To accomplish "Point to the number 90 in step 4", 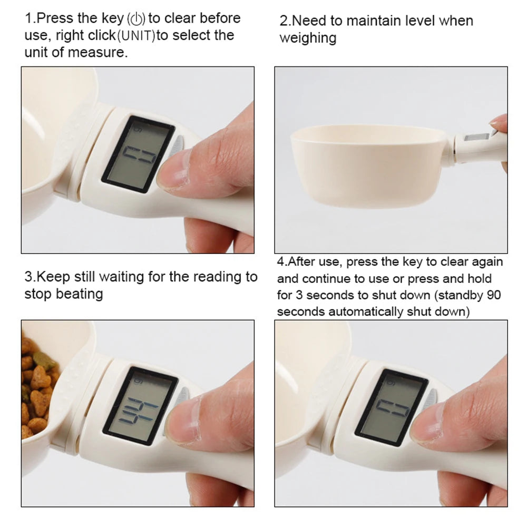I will click(x=494, y=295).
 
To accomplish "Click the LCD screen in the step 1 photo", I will click(x=138, y=154).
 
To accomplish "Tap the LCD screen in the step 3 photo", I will click(x=140, y=403).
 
